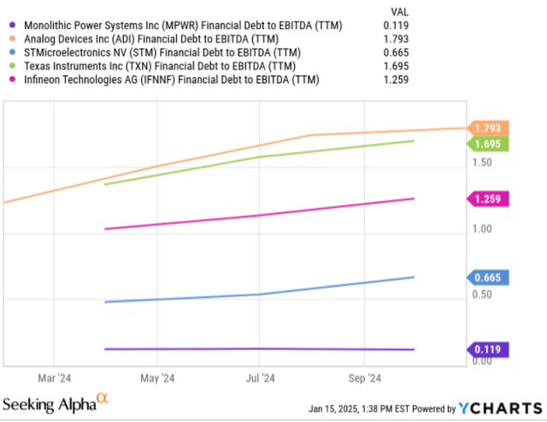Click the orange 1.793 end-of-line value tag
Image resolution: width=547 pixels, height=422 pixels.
[x=490, y=128]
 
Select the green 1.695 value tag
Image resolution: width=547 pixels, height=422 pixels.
[x=490, y=143]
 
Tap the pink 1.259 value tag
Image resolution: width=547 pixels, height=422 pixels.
[x=490, y=199]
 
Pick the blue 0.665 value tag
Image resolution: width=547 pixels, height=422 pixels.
[x=490, y=277]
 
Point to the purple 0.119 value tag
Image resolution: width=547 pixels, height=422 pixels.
[x=490, y=349]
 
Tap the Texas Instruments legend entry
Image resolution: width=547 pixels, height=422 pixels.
[x=163, y=67]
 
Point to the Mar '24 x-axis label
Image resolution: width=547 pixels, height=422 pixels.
[x=55, y=377]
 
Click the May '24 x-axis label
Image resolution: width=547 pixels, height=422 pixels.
[x=157, y=377]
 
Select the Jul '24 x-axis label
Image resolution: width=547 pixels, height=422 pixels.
[x=261, y=377]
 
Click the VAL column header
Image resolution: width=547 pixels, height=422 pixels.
[x=399, y=11]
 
